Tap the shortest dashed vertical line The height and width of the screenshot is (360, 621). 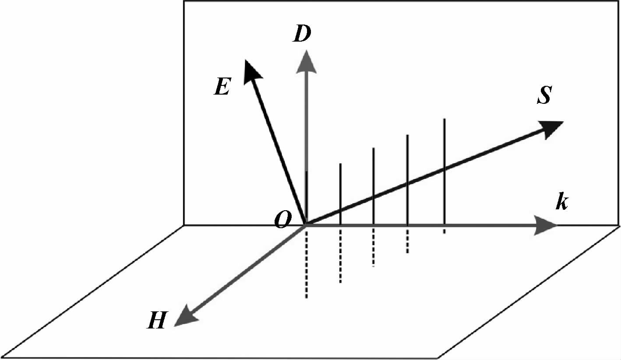(445, 230)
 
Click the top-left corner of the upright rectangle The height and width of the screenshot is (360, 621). (183, 1)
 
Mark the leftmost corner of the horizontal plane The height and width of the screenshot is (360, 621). (3, 356)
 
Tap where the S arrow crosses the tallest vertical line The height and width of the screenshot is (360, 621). (445, 169)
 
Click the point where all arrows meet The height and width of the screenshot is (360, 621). (306, 224)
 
